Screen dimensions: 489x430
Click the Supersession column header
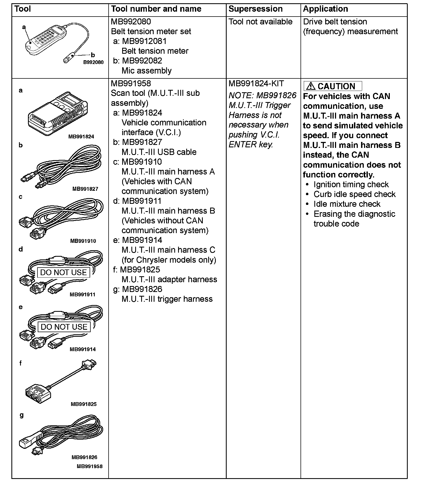[x=255, y=9]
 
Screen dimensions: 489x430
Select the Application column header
[x=325, y=9]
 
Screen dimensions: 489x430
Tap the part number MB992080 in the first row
[x=131, y=22]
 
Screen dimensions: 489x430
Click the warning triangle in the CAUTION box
[x=310, y=86]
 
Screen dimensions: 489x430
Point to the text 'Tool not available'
[x=260, y=22]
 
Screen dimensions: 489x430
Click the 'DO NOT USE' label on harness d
[x=63, y=272]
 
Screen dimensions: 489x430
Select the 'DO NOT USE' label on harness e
[x=64, y=327]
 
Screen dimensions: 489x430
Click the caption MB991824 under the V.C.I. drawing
[x=81, y=136]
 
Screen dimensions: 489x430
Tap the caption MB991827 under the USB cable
[x=85, y=189]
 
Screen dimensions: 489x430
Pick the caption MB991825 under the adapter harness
[x=84, y=404]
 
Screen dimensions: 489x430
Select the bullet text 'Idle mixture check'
[x=347, y=204]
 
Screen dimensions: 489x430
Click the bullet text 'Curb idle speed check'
[x=354, y=194]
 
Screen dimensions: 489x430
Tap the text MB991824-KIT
[x=256, y=84]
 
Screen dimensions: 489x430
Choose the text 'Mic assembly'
[x=147, y=71]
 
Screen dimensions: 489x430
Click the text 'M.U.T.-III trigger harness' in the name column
[x=167, y=299]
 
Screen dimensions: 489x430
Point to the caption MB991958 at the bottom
[x=90, y=466]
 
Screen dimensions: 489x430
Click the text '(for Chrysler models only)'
[x=169, y=260]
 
